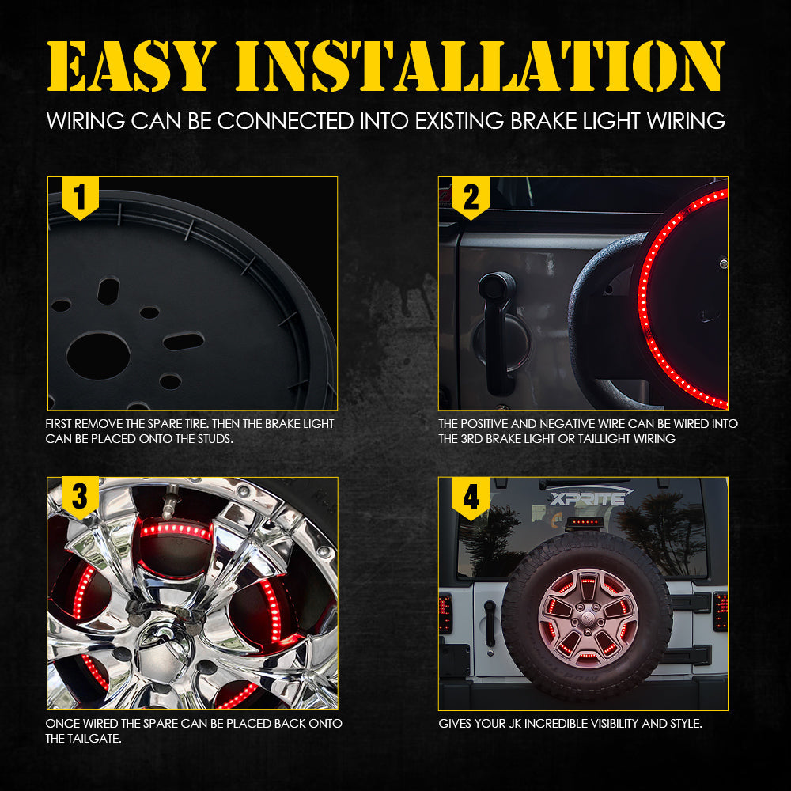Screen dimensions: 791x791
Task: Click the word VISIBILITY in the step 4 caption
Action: coord(611,724)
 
